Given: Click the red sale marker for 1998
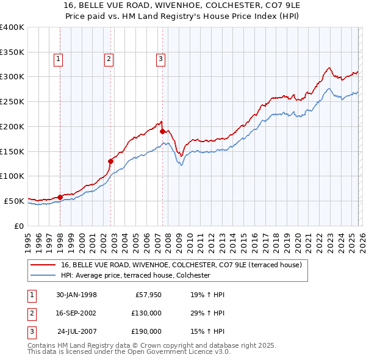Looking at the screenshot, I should coord(60,196).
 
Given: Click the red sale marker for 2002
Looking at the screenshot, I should coord(110,161).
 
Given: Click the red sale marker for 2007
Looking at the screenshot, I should coord(162,131).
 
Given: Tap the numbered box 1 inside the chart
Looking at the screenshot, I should coord(57,59).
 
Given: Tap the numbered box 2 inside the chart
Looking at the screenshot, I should coord(108,59).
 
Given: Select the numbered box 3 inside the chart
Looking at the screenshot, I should coord(160,59).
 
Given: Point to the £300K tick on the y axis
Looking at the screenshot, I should coord(12,77).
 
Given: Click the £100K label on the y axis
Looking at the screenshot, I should coord(12,176).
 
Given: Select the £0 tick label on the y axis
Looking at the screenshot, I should coord(19,226).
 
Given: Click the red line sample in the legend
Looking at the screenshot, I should coord(44,265).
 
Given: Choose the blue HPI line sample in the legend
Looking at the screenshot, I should coord(44,276).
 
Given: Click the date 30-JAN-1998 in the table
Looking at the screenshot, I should coord(76,295).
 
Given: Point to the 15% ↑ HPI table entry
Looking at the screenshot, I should coord(207,331).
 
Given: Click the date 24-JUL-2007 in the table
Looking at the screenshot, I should coord(76,331).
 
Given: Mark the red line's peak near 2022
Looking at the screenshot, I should coord(329,67).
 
